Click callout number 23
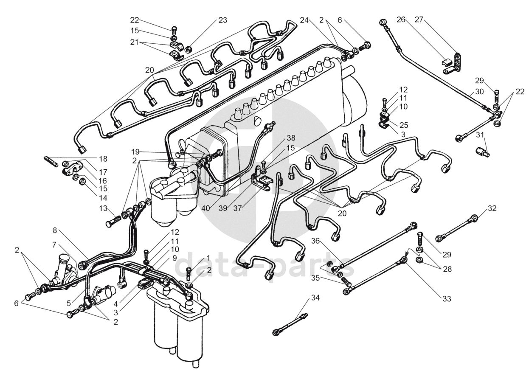coord(223,20)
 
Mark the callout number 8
coord(55,230)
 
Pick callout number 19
coord(135,152)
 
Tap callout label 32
coord(492,208)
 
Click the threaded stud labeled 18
coord(51,161)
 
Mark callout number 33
coord(446,299)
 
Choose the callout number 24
coord(304,20)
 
